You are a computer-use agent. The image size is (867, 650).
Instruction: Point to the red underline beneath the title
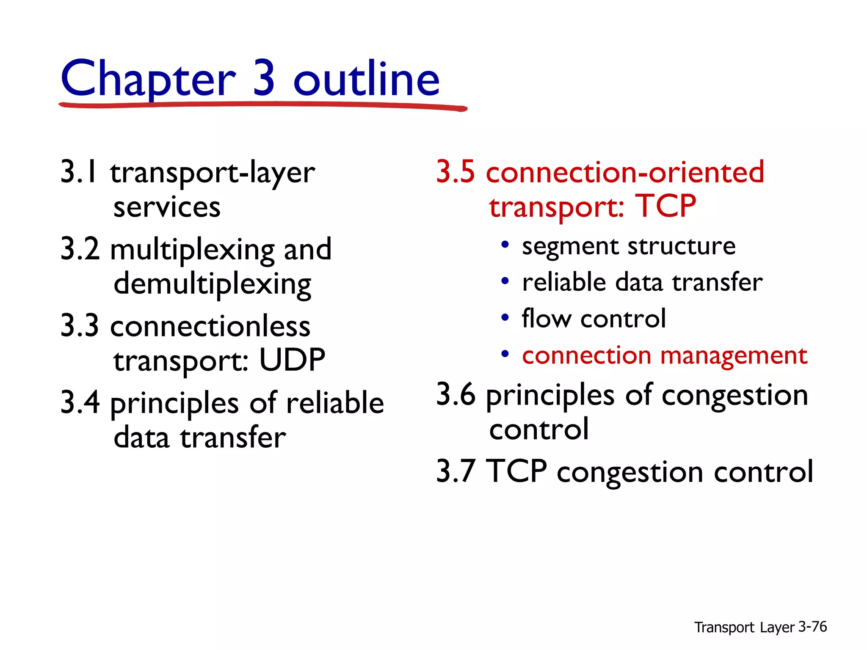point(262,105)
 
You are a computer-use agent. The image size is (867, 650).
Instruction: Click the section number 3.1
point(79,172)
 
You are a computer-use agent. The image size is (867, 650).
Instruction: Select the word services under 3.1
point(167,208)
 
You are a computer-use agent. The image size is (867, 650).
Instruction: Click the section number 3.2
point(80,249)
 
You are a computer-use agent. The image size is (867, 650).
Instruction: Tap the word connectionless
point(210,327)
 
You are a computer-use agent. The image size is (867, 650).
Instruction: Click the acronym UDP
point(292,360)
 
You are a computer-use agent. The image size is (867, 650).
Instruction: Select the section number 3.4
point(80,402)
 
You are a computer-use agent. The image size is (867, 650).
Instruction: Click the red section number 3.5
point(456,172)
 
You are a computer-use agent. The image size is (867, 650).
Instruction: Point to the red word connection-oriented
point(625,172)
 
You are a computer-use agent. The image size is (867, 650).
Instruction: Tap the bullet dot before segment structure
point(505,245)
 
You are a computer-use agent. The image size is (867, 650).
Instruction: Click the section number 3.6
point(456,394)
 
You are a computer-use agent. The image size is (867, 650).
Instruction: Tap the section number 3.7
point(456,471)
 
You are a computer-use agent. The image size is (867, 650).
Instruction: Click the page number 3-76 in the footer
point(812,627)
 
